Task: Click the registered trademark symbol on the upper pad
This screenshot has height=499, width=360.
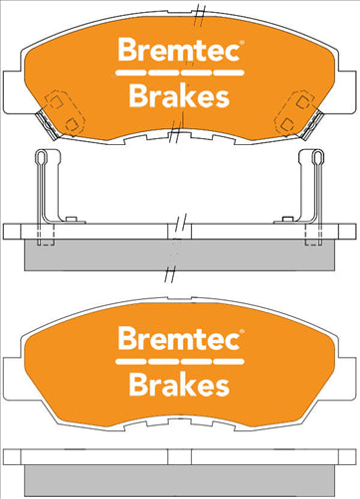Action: (242, 44)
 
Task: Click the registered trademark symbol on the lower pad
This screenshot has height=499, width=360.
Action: (242, 331)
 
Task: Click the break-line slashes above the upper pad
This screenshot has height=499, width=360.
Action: (198, 11)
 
